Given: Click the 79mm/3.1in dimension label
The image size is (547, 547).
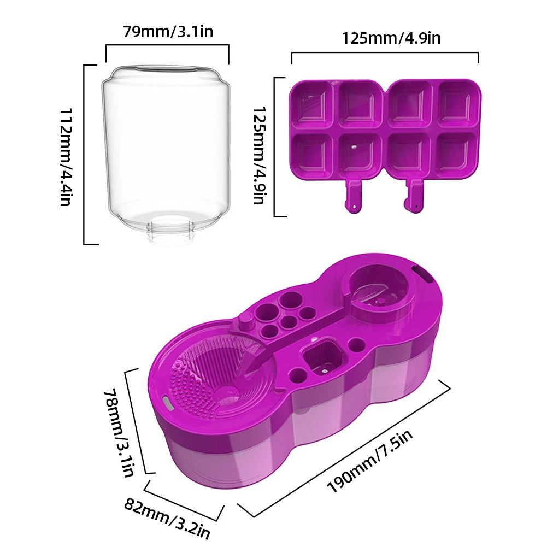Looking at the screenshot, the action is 168,32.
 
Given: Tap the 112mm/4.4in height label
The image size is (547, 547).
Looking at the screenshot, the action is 66,157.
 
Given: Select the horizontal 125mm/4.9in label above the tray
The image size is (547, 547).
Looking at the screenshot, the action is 391,38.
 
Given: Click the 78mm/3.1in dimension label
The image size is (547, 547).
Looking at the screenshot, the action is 119,433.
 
